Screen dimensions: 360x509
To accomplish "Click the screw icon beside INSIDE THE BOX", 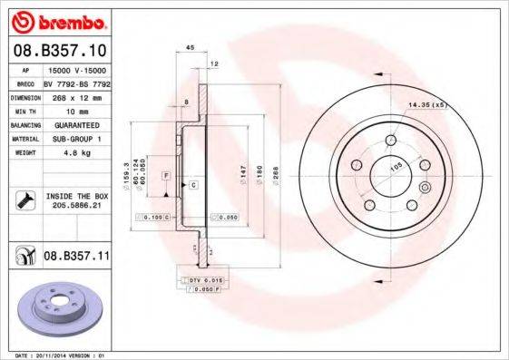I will (x=24, y=200).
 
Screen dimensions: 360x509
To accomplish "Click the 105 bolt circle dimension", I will (x=396, y=167).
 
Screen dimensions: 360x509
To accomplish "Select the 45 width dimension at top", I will (x=190, y=47).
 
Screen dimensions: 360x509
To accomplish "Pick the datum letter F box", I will (x=167, y=172).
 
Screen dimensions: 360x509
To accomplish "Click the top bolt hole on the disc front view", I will (x=391, y=141).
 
